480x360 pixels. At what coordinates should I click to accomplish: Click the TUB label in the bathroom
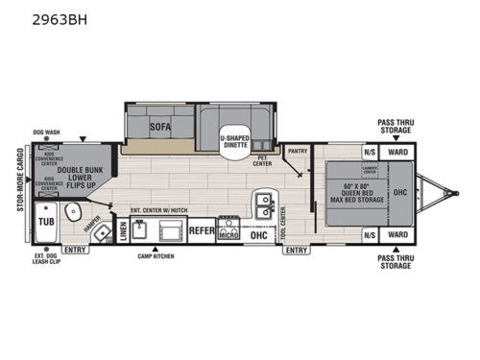coord(45,221)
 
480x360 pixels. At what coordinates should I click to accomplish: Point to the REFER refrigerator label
coord(202,231)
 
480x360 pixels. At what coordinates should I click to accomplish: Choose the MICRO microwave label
coord(228,232)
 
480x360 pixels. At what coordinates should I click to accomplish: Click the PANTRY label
coord(298,151)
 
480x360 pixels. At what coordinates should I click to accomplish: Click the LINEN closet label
coord(123,231)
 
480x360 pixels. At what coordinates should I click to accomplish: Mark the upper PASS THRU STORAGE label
coord(396,128)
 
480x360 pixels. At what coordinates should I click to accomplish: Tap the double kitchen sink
coord(261,204)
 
